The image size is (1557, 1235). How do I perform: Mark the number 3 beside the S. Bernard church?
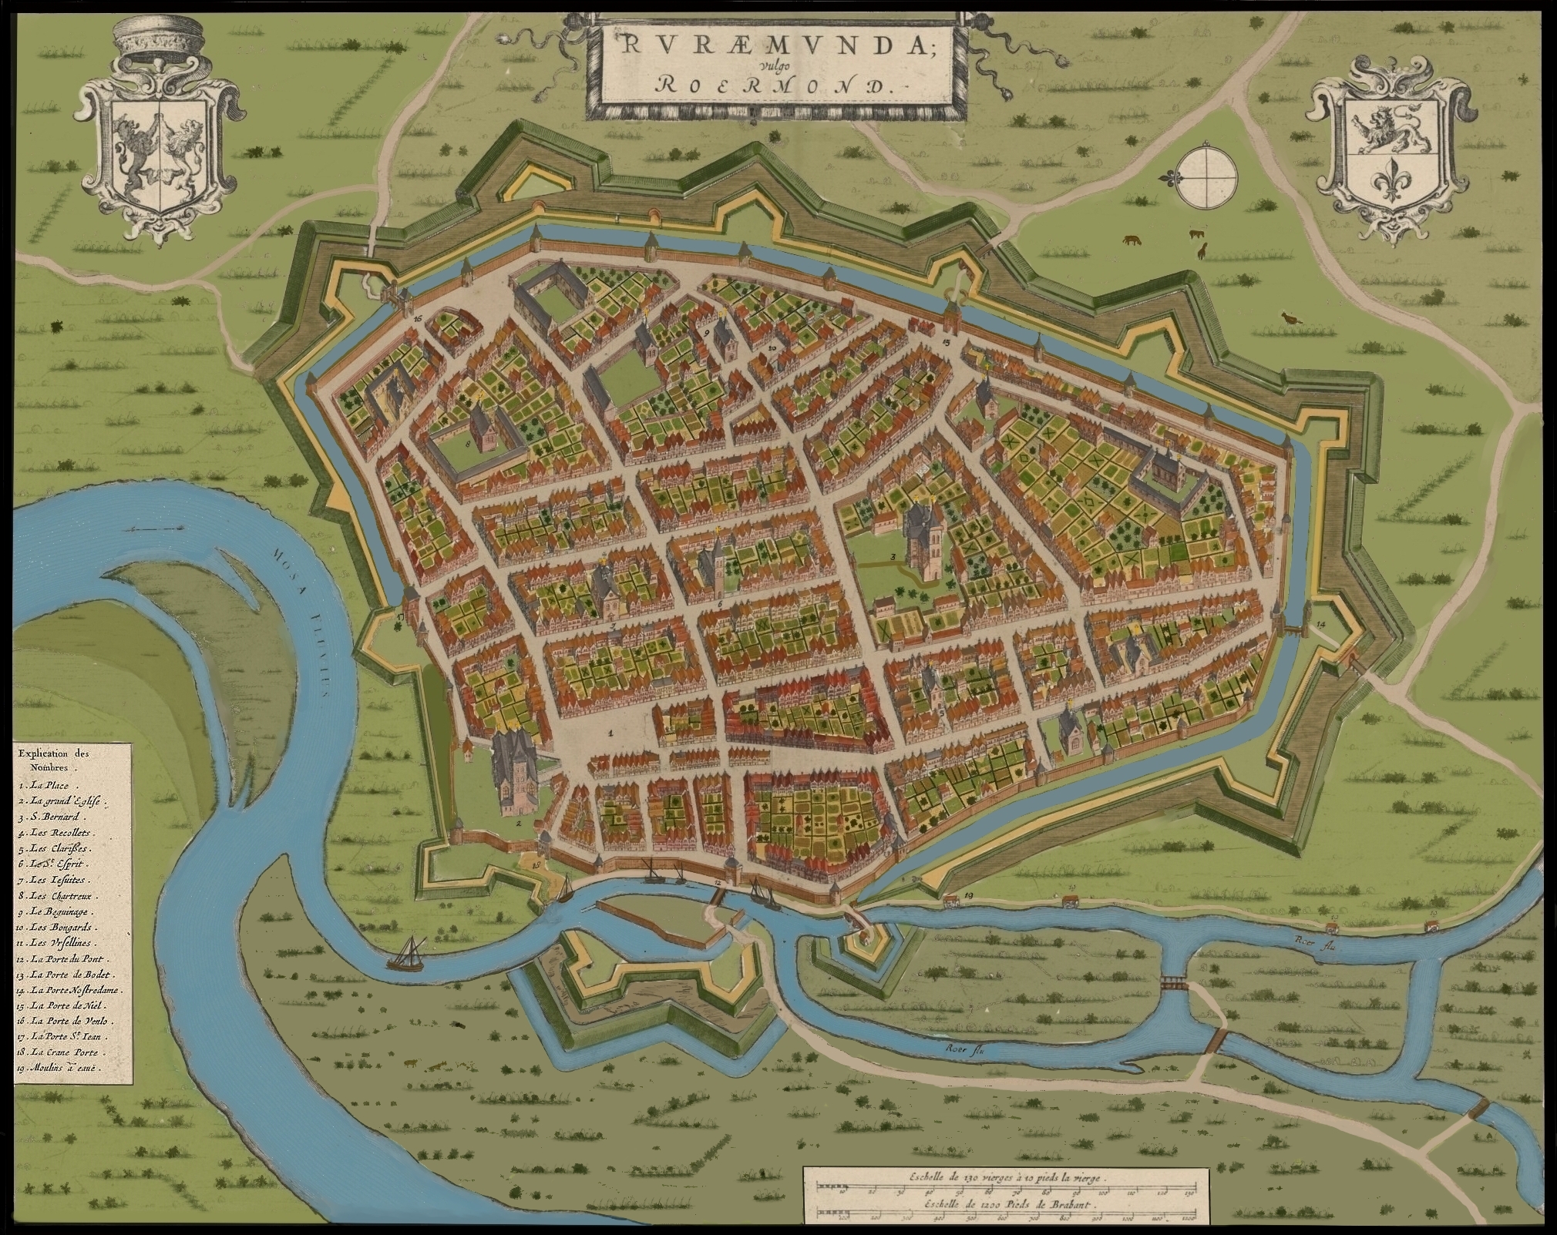coord(893,556)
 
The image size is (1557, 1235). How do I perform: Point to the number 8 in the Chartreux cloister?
coord(468,444)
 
